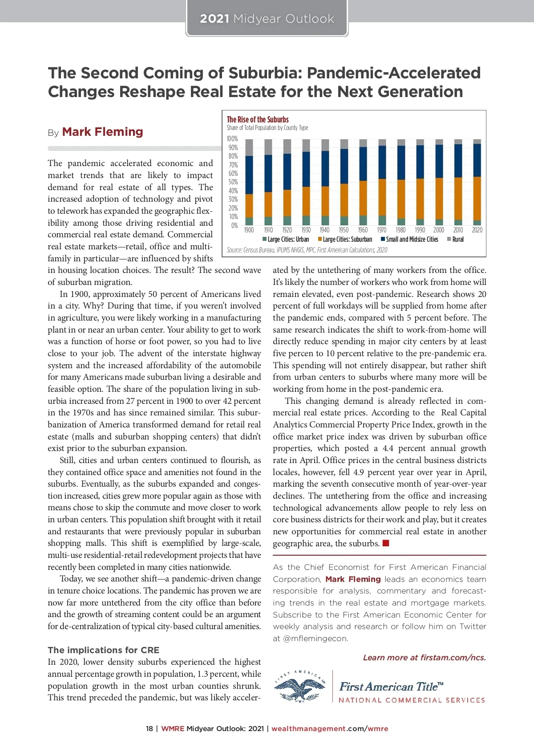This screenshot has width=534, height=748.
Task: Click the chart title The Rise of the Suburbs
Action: pos(258,119)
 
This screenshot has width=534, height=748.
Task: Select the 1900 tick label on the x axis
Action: pos(249,230)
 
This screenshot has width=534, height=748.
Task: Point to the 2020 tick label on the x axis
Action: pos(477,230)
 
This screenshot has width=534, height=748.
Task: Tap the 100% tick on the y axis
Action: pos(232,139)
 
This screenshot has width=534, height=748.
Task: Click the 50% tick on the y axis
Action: pos(233,182)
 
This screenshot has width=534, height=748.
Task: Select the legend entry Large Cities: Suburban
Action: pos(345,240)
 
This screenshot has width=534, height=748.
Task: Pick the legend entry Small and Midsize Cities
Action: pos(410,240)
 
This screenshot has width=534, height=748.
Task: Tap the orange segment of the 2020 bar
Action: pos(477,199)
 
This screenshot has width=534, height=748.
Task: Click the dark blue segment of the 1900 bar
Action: pos(249,175)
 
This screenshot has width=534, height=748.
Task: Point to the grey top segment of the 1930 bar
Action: pos(306,145)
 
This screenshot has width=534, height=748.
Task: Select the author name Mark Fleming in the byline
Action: pos(102,132)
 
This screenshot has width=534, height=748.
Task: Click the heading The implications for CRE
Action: pos(103,650)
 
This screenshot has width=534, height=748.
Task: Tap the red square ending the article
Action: pos(386,543)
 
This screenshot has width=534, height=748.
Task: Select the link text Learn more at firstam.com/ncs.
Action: pos(425,658)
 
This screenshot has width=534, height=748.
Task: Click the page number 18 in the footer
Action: pos(149,729)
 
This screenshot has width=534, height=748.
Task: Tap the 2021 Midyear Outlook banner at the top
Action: pos(267,19)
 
